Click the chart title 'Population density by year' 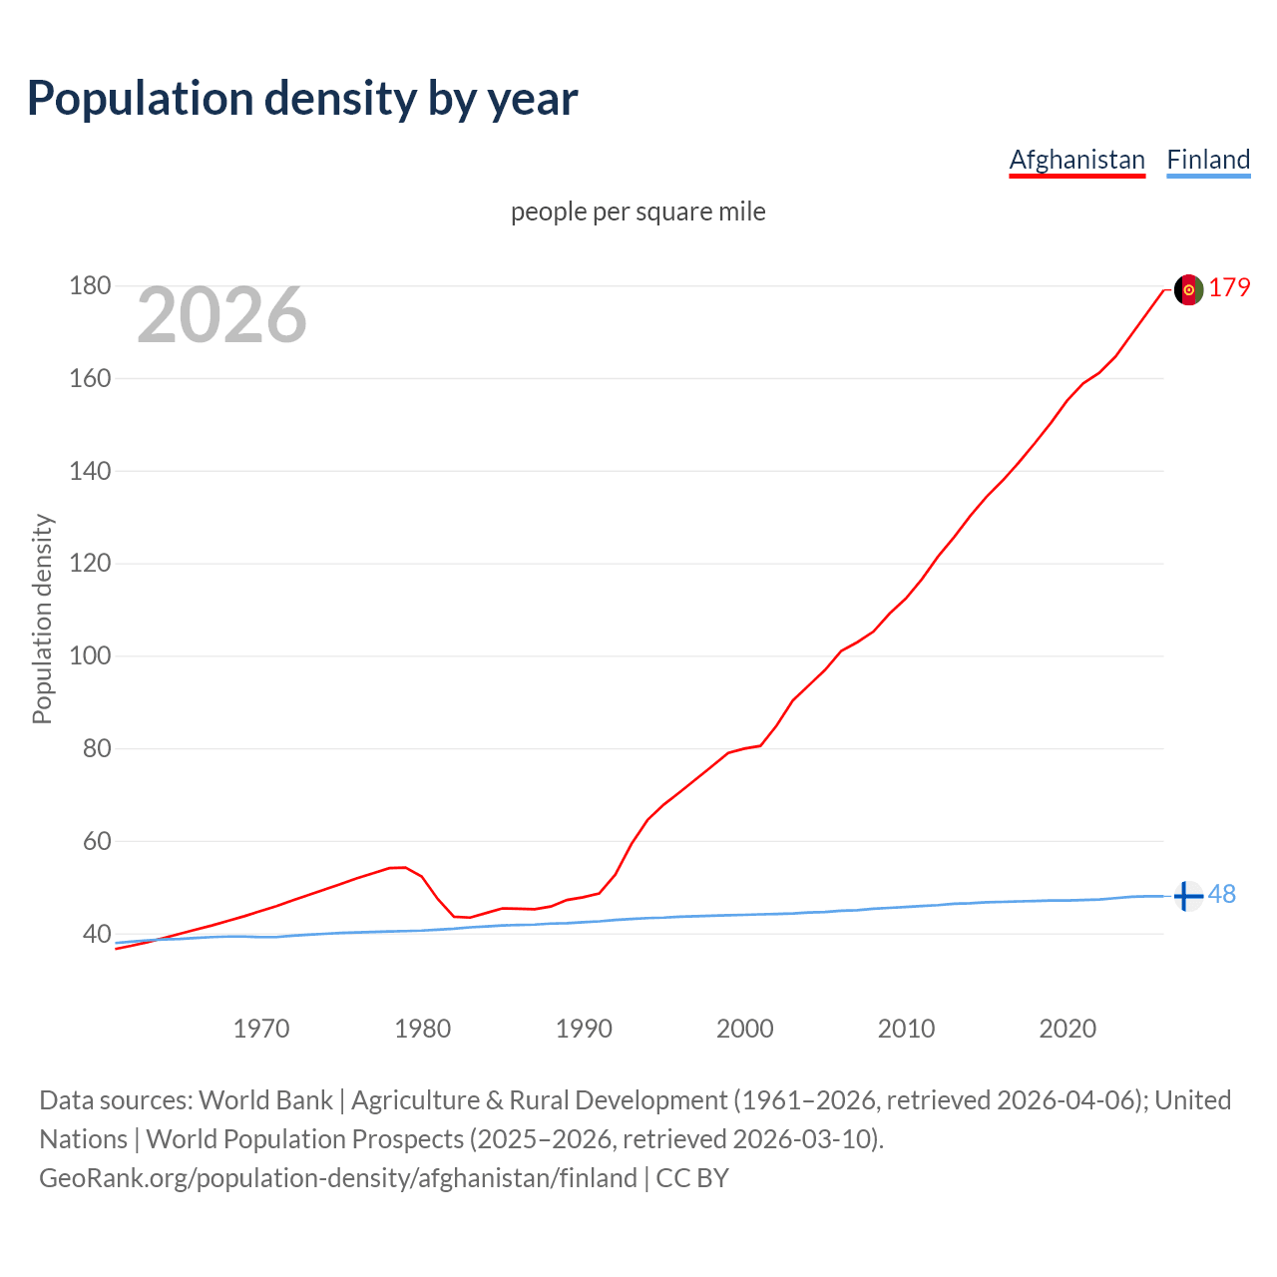[x=302, y=99]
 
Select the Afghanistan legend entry [x=1076, y=160]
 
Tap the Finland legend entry [x=1208, y=160]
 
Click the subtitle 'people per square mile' [x=638, y=212]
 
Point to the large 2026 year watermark [x=221, y=315]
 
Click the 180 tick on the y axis [x=90, y=286]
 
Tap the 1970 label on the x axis [x=261, y=1029]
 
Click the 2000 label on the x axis [x=745, y=1029]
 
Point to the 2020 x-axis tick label [x=1067, y=1029]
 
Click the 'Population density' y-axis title [x=42, y=619]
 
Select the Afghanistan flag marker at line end [x=1188, y=289]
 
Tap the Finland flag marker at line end [x=1187, y=896]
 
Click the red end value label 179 [x=1229, y=288]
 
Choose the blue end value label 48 [x=1222, y=895]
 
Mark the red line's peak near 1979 [x=403, y=867]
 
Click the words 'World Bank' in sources [x=265, y=1100]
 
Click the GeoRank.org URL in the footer [x=338, y=1178]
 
